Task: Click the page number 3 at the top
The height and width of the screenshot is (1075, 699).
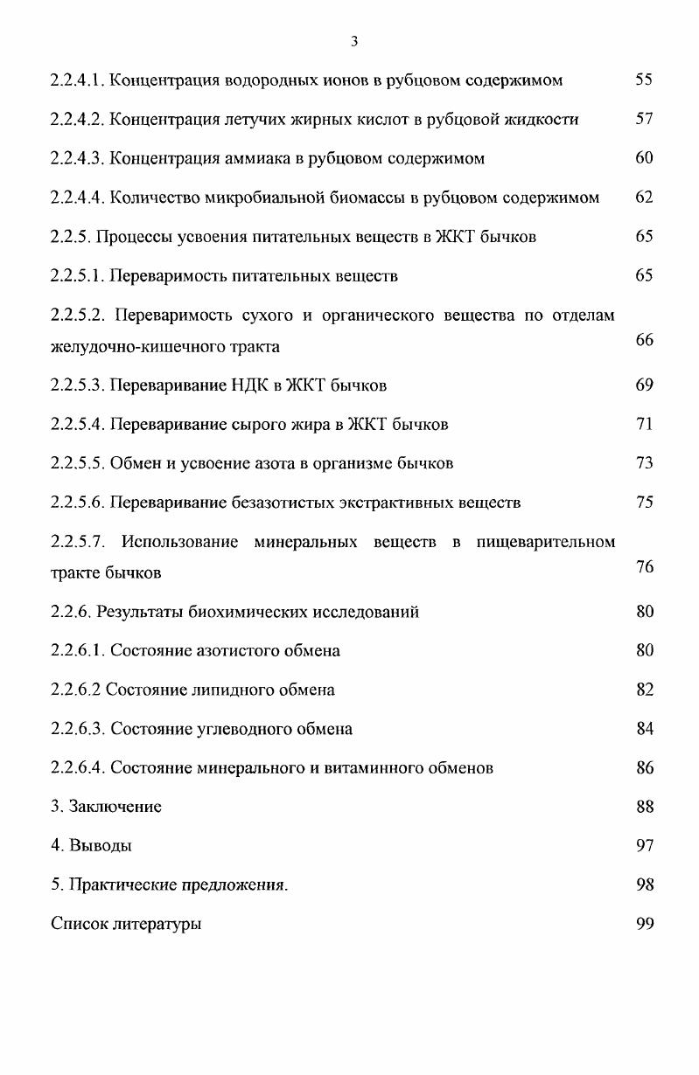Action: pos(353,41)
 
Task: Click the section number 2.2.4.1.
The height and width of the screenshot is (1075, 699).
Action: pos(78,80)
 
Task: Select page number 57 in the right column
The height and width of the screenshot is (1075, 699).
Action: pos(645,119)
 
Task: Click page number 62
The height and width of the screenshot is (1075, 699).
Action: pos(645,198)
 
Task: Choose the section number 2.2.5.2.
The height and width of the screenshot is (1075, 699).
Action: pos(78,316)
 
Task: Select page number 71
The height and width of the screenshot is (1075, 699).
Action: pos(645,424)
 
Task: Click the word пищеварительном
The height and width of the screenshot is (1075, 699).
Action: pos(546,542)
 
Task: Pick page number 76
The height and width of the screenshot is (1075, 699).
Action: pos(645,567)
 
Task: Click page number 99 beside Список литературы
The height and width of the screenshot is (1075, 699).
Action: pos(645,924)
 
